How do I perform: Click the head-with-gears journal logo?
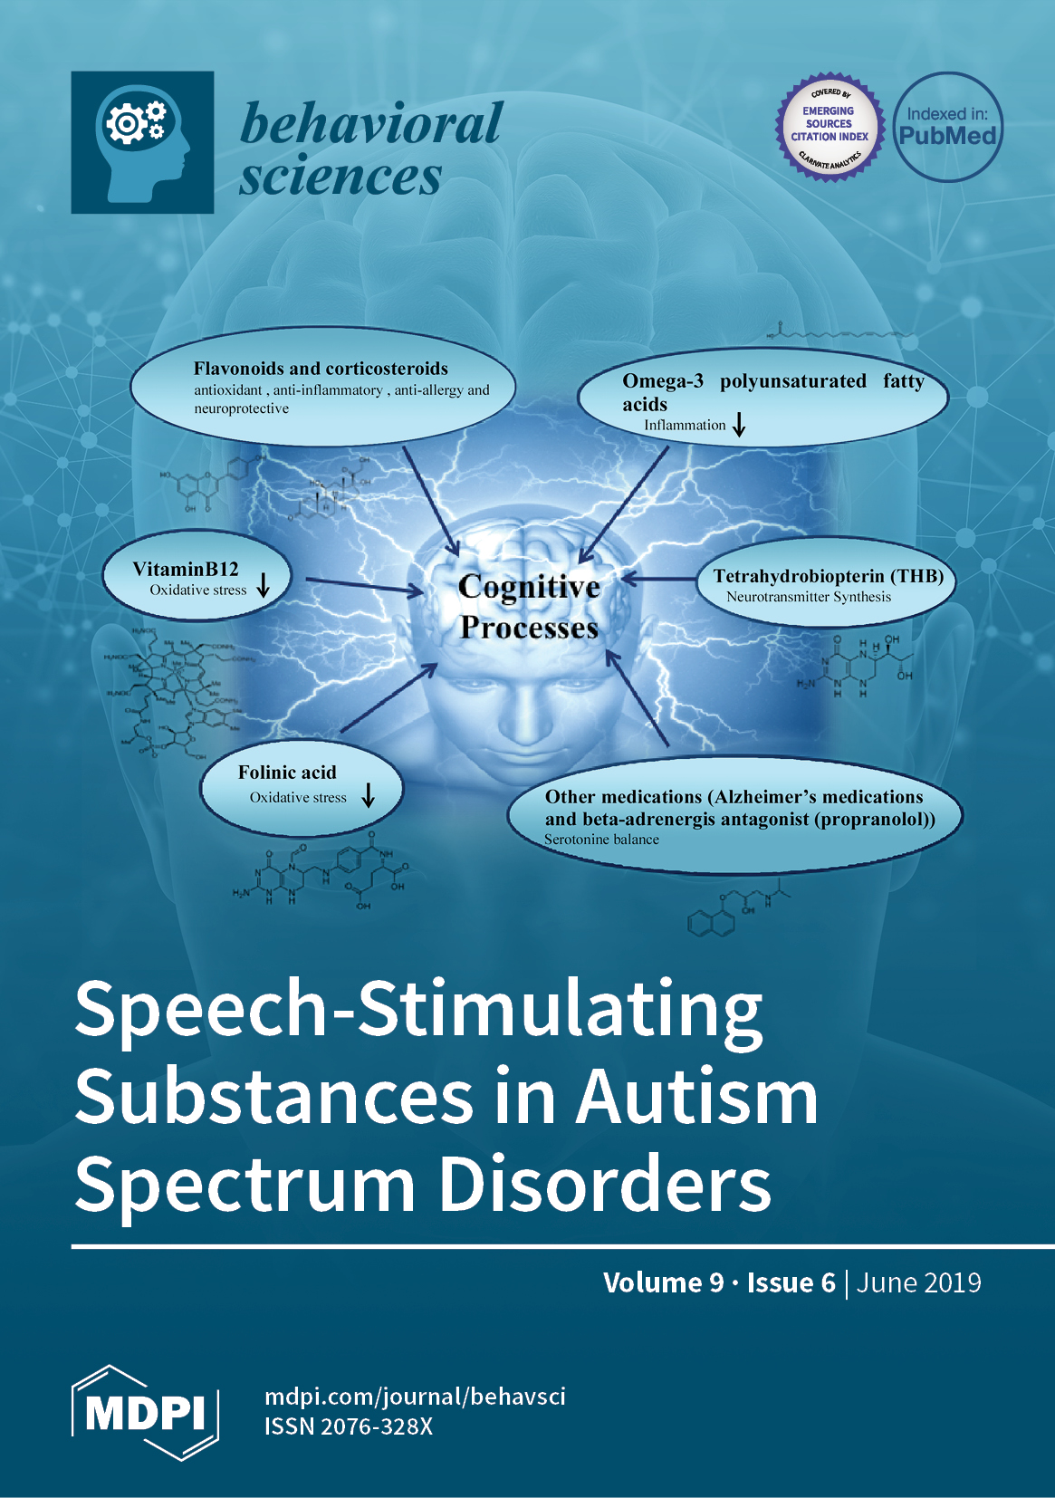point(142,142)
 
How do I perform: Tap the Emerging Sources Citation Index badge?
point(829,127)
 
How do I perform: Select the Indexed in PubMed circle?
point(947,127)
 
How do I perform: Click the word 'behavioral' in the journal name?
point(371,124)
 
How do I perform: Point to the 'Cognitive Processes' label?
point(529,606)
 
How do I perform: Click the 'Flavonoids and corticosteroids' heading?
point(321,369)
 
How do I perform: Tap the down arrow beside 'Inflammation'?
point(739,424)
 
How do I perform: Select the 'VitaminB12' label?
point(186,569)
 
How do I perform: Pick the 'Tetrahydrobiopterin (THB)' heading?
point(828,576)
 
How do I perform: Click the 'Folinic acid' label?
point(287,773)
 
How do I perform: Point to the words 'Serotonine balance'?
point(601,840)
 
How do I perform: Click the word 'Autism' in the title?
point(696,1096)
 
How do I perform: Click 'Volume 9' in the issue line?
point(663,1282)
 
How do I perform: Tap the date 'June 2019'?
point(918,1282)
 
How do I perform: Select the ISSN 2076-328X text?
point(349,1426)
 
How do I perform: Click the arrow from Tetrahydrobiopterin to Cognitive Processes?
point(658,579)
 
